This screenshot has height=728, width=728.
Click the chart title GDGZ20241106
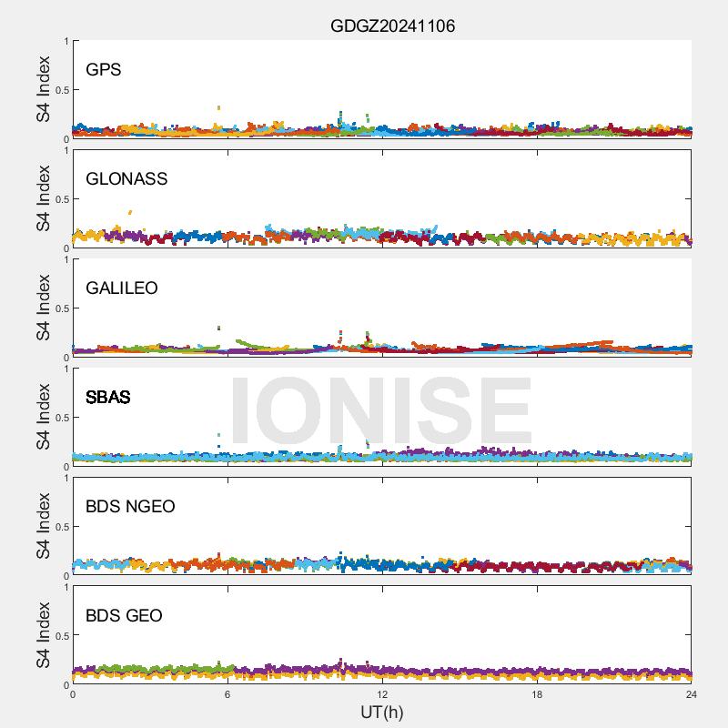pos(392,26)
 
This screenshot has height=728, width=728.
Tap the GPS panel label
pos(103,70)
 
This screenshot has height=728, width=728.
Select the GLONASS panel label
pos(126,179)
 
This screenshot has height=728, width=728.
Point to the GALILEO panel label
pos(121,288)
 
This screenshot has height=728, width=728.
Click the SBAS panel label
pos(107,398)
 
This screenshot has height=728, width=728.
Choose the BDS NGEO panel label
pos(130,507)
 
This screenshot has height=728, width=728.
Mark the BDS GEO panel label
pos(124,616)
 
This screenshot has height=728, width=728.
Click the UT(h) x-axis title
pos(381,712)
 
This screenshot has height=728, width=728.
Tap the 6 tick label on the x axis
pos(227,695)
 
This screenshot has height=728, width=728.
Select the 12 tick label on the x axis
pos(382,695)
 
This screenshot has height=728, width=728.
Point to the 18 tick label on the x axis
pos(537,695)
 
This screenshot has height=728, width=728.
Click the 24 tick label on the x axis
pos(692,695)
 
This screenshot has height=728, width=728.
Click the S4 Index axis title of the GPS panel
pos(44,89)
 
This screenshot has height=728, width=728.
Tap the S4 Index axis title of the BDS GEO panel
pos(44,635)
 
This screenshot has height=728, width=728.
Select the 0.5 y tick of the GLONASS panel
pos(59,199)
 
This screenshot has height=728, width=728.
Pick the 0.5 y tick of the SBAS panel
pos(59,418)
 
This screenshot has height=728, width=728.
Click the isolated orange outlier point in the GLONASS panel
pos(130,212)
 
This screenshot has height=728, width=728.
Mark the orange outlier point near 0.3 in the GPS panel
pos(218,107)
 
